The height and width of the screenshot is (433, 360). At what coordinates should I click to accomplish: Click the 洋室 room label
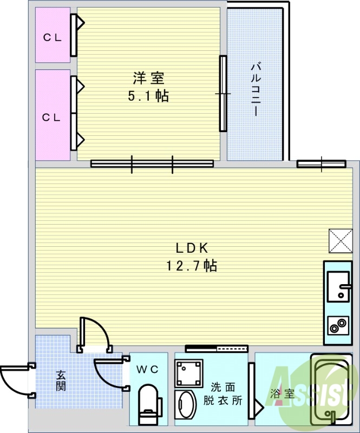[148, 78]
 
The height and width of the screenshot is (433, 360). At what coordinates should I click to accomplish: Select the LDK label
[192, 248]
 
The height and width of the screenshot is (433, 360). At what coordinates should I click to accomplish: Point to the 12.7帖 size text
[192, 266]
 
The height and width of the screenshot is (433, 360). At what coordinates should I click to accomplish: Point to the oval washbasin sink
[188, 406]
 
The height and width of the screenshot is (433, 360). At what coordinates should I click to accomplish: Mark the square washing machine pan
[188, 371]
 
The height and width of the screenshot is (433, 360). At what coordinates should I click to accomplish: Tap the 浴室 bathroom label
[283, 394]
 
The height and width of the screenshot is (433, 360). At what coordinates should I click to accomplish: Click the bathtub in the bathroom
[331, 390]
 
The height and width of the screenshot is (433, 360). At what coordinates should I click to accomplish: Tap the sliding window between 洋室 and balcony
[222, 94]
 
